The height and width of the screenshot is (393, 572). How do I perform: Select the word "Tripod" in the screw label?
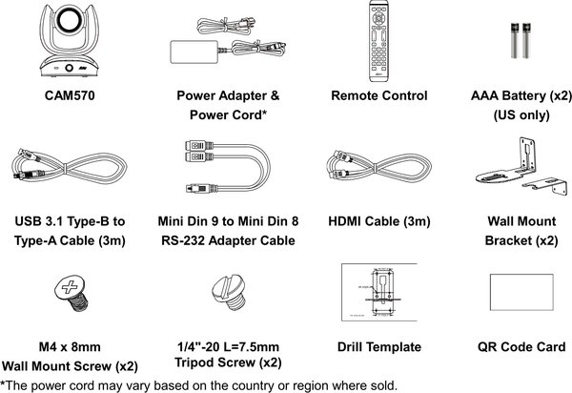coord(199,364)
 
